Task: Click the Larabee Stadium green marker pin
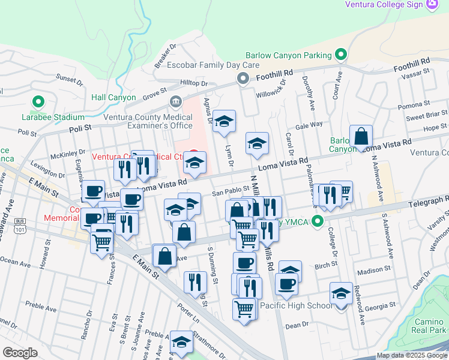coord(40,103)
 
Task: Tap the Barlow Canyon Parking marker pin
coord(340,55)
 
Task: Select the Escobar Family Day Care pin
coord(243,79)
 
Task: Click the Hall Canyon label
coord(113,97)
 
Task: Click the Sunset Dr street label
coord(69,79)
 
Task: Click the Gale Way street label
coord(309,125)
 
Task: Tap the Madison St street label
coord(373,271)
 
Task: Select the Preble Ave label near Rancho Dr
coord(41,307)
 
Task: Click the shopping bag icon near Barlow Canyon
coord(362,136)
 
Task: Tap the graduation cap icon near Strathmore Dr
coord(181,342)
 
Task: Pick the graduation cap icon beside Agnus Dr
coord(224,121)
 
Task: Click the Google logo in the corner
coord(20,353)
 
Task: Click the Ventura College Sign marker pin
coord(432,4)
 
